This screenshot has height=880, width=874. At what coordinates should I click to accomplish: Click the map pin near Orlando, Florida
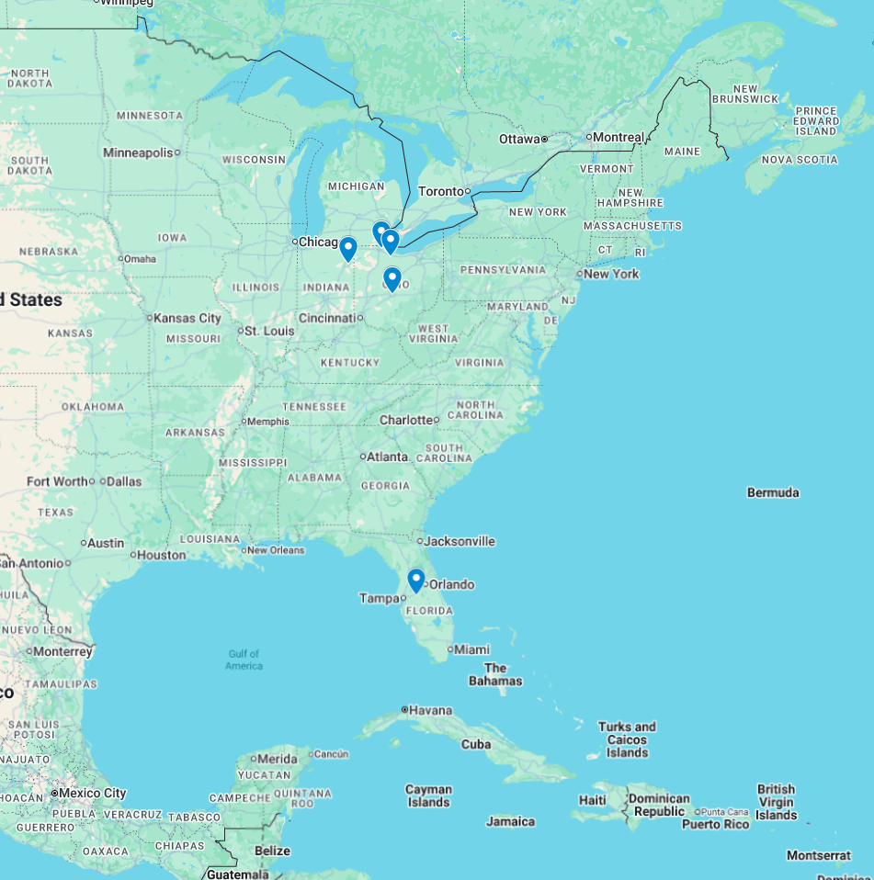pos(415,580)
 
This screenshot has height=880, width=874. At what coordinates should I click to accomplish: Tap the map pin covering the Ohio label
pos(392,278)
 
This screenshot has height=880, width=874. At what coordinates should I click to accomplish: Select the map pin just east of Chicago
pos(347,249)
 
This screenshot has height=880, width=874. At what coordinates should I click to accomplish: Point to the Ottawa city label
pos(519,139)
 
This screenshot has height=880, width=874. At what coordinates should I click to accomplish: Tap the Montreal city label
pos(619,137)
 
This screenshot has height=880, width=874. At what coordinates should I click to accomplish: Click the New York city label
pos(611,274)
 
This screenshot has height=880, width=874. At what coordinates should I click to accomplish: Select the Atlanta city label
pos(388,457)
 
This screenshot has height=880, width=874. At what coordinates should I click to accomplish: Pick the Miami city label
pos(472,649)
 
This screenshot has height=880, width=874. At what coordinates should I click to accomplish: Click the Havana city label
pos(431,710)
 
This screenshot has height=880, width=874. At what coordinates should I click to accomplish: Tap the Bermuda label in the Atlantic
pos(773,492)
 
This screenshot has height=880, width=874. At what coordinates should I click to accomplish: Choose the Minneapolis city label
pos(138,152)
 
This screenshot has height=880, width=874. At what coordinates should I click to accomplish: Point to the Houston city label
pos(162,555)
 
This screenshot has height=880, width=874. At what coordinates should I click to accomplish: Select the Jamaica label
pos(510,821)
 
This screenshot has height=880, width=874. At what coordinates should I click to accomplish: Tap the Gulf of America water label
pos(244,660)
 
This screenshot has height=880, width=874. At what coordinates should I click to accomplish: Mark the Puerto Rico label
pos(715,824)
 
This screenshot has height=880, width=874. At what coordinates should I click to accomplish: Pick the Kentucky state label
pos(350,363)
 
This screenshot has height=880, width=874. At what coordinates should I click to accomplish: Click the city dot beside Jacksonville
pos(420,541)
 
